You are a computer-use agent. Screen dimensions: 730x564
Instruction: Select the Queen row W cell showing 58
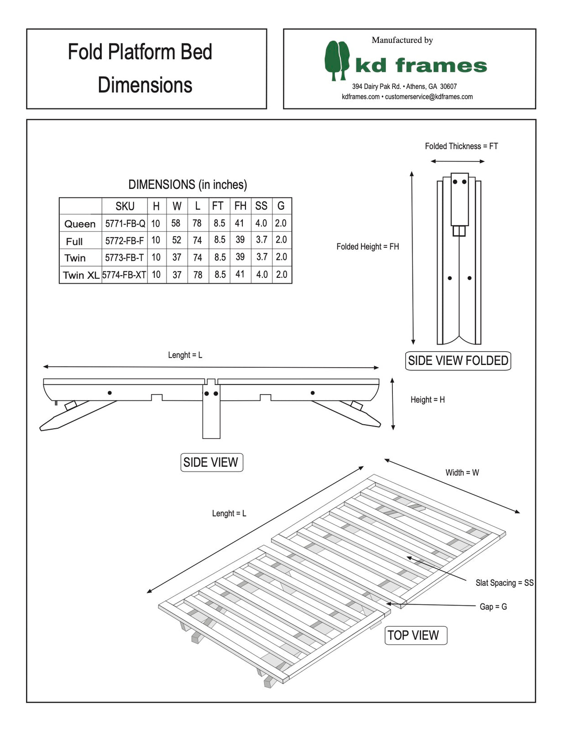pos(176,223)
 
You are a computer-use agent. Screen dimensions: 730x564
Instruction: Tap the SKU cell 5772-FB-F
pos(124,240)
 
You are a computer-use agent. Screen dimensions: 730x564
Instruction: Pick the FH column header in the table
pos(240,206)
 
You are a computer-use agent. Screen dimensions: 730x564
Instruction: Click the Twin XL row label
pos(81,275)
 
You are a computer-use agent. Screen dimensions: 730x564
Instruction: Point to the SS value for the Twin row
pos(261,257)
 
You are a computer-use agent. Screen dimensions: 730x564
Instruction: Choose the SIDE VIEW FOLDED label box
pos(458,360)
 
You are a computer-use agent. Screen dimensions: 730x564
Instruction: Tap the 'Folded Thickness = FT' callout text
pos(461,146)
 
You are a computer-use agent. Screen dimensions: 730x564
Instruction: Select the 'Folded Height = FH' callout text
pos(367,246)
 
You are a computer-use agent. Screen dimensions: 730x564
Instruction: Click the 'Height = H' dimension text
pos(428,400)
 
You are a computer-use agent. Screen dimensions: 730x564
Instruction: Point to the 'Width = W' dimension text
pos(462,473)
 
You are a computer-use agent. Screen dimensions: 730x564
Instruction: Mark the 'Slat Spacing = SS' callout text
pos(504,583)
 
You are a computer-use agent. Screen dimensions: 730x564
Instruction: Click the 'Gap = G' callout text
pos(493,606)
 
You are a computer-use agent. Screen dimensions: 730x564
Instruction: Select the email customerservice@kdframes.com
pos(428,97)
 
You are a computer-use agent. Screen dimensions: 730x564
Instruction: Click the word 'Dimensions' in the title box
pos(145,85)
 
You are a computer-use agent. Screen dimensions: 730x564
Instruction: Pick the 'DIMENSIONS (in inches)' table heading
pos(188,185)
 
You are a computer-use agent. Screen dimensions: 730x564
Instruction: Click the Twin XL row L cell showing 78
pos(198,275)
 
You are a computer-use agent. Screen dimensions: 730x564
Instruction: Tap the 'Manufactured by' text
pos(402,40)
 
